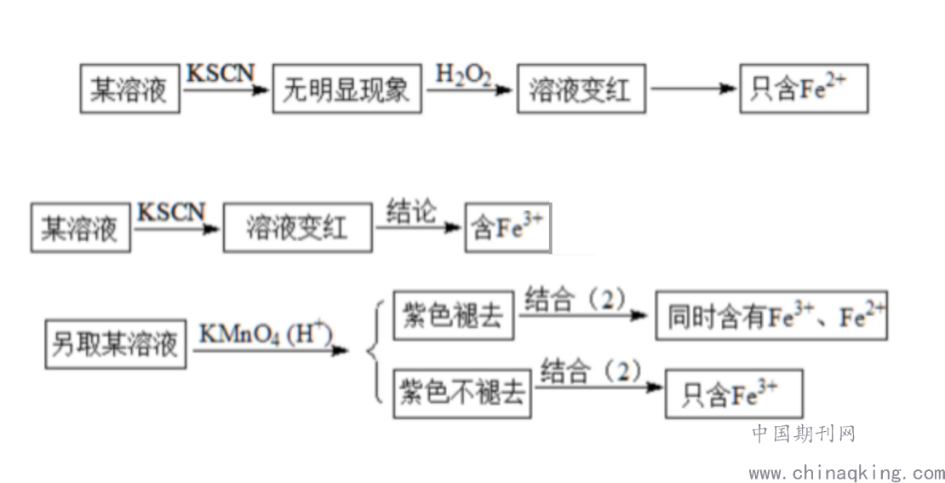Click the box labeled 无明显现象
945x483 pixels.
[348, 89]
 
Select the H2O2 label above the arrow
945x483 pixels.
[463, 74]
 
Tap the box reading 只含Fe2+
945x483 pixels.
[803, 89]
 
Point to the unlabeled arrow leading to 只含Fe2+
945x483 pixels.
[693, 89]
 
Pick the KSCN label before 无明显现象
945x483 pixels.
[220, 72]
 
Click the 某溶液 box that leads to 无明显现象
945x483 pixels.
[129, 89]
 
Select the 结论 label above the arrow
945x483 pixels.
[410, 211]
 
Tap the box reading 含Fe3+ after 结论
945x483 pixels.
[507, 228]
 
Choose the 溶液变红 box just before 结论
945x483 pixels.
[297, 228]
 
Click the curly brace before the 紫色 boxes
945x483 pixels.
[372, 350]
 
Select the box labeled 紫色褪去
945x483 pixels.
[452, 317]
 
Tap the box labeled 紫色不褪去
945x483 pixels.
[461, 394]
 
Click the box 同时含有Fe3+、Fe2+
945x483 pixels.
[770, 317]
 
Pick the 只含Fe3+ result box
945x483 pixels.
[733, 394]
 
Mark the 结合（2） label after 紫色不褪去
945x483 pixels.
[590, 371]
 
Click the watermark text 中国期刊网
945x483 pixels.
[803, 434]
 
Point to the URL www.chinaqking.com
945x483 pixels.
[845, 472]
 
